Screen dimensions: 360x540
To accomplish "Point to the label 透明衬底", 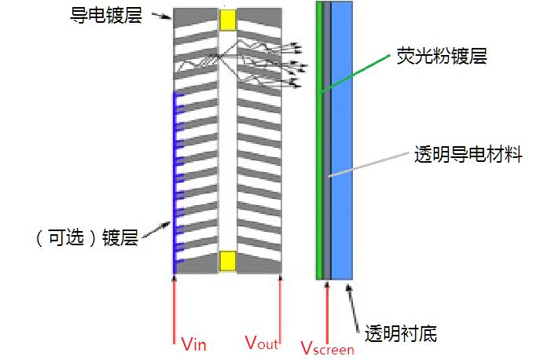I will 402,334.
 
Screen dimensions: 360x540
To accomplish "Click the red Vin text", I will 193,343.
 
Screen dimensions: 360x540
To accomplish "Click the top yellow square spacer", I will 228,20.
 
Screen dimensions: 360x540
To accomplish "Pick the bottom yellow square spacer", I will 228,259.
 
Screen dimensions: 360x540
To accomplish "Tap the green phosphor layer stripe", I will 319,141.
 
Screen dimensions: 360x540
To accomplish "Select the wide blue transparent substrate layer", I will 342,141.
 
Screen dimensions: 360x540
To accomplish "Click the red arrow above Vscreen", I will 326,310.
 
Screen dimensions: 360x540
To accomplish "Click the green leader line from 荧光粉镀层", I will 358,75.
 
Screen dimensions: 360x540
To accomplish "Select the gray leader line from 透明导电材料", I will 369,165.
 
